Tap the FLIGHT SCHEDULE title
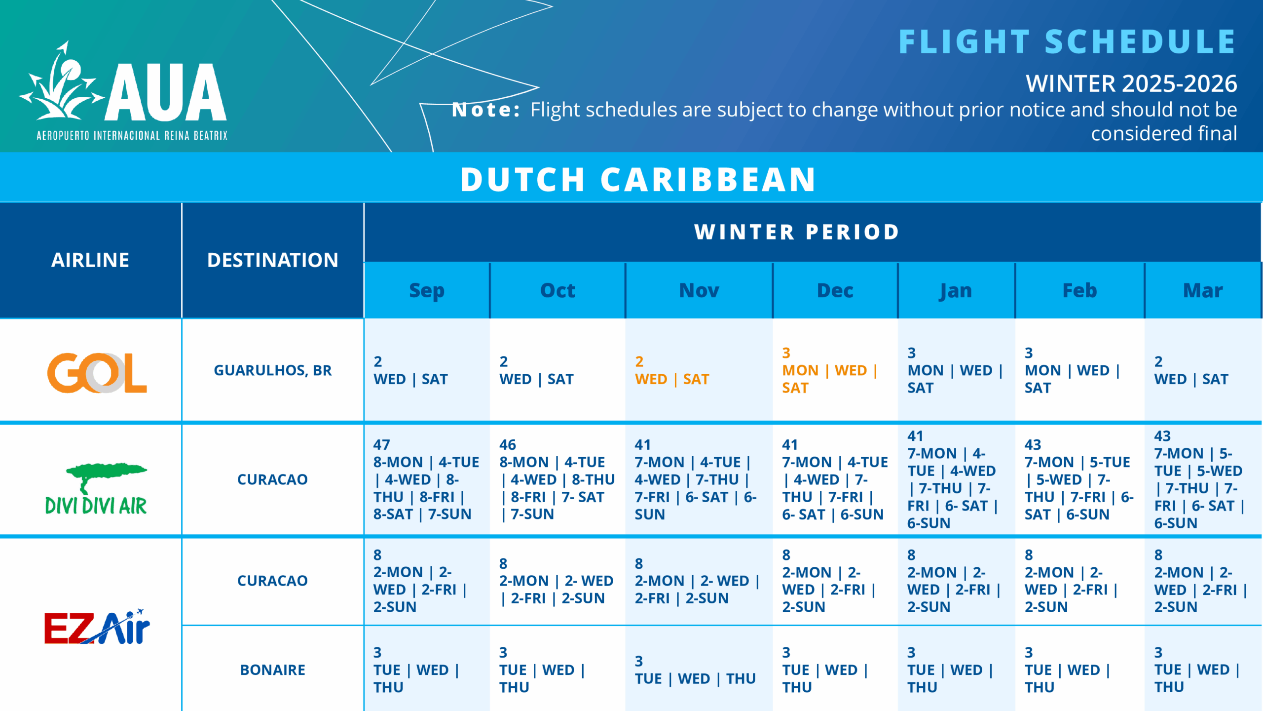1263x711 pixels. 1067,42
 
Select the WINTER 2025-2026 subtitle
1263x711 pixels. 1131,83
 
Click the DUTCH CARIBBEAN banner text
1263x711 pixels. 638,179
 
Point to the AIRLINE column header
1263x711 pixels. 90,260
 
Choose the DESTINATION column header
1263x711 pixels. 272,260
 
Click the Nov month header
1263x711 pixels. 699,290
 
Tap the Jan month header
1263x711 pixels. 956,290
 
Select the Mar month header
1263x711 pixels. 1202,290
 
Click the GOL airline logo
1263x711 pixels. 97,372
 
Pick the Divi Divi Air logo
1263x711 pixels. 96,489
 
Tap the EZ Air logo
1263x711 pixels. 97,627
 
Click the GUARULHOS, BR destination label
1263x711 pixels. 272,370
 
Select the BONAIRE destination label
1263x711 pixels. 272,670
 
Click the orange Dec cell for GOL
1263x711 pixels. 829,371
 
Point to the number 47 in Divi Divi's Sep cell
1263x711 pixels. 381,445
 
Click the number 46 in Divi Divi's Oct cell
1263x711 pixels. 507,445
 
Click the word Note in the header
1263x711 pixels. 485,110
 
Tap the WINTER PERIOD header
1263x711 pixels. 797,232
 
